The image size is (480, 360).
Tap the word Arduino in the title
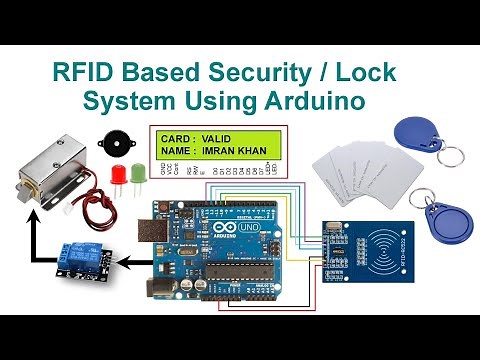[x=309, y=102]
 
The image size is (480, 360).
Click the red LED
[x=116, y=177]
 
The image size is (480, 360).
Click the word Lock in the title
[x=369, y=74]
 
